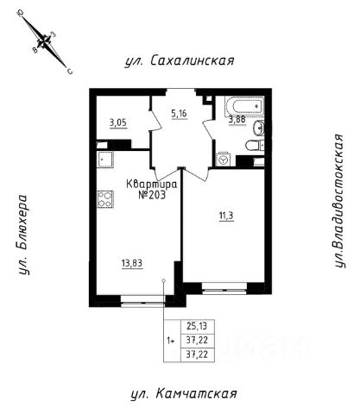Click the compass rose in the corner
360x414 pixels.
coord(45,42)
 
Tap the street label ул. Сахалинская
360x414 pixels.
coord(180,60)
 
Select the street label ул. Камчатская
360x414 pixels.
coord(184,393)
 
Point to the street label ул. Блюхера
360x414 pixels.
coord(23,235)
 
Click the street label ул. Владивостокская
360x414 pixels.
coord(339,201)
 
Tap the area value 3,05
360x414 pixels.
coord(118,123)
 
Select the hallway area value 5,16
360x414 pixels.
coord(179,114)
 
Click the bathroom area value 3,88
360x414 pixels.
coord(237,119)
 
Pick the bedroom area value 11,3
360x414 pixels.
coord(226,216)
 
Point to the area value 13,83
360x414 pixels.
coord(132,263)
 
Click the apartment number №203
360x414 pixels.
coord(152,195)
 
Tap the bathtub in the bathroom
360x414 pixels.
coord(244,106)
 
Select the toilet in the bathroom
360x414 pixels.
coord(255,145)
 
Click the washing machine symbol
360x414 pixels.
coord(223,159)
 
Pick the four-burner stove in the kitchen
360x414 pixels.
coord(105,199)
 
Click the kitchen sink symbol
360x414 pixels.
coord(105,159)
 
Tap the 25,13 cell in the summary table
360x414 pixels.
coord(197,326)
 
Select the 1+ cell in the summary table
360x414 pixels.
coord(172,341)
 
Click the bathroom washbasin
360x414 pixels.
coord(259,128)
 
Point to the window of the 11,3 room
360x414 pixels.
coord(224,288)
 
